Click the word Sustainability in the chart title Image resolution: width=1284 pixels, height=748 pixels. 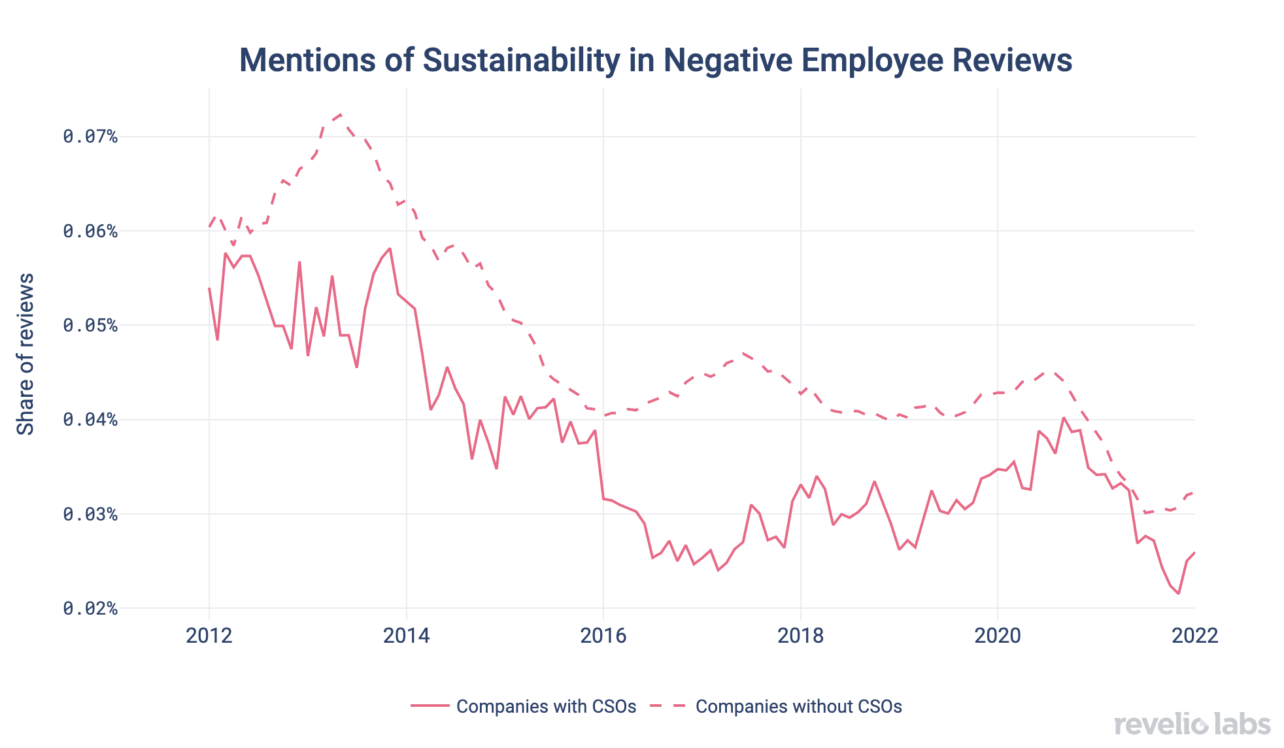[x=521, y=61]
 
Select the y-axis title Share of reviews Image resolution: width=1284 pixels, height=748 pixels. [x=25, y=354]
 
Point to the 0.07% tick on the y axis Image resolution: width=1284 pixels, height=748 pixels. [x=90, y=137]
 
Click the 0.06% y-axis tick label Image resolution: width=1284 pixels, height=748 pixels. [x=90, y=231]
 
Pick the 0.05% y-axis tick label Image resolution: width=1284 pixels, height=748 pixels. [x=90, y=325]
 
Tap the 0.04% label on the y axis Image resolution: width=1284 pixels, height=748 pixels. [x=90, y=419]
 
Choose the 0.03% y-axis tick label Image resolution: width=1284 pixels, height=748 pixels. [x=90, y=514]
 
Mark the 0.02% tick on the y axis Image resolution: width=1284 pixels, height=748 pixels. [x=90, y=608]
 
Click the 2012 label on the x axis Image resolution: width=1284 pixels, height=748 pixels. [x=209, y=636]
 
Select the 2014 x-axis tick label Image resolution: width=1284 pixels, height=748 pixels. [x=407, y=636]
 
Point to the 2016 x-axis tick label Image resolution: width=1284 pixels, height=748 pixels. [x=603, y=636]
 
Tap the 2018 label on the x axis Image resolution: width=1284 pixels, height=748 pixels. [x=800, y=636]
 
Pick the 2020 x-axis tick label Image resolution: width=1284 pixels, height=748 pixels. [x=998, y=636]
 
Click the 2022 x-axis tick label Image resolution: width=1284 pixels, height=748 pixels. [x=1194, y=636]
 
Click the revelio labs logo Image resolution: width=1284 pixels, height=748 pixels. [x=1192, y=724]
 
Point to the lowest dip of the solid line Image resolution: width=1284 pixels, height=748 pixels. [x=1178, y=594]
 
